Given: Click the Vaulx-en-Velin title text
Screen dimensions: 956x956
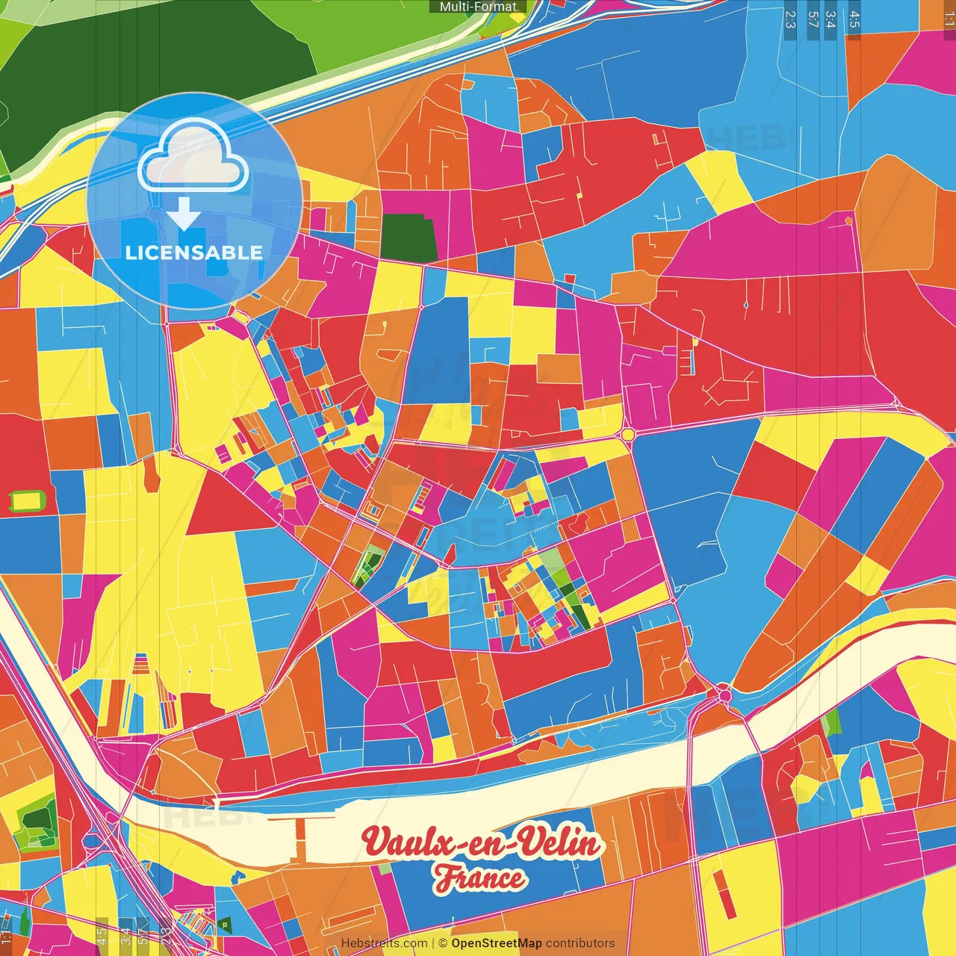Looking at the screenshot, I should pos(482,843).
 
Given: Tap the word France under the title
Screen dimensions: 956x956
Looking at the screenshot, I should pos(480,878).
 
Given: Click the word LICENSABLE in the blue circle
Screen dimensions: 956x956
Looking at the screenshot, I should pos(194,252).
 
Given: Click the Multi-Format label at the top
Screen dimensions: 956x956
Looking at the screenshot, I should pos(478,7).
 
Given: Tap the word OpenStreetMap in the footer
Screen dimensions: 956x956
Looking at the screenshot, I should pos(496,943).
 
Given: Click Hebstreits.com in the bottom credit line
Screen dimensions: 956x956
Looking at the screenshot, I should pos(384,943).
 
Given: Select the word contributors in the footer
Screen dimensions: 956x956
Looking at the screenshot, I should pos(580,943).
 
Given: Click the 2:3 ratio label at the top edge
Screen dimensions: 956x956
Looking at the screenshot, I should pos(790,19).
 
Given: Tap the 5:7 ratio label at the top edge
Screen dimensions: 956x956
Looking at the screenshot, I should pos(813,19).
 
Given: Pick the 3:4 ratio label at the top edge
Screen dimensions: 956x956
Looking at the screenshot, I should pos(831,19).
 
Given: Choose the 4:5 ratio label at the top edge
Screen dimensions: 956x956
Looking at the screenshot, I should pos(854,19).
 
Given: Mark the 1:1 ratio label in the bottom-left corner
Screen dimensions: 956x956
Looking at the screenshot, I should pos(7,938).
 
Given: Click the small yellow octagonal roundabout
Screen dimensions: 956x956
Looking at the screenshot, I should pos(627,435).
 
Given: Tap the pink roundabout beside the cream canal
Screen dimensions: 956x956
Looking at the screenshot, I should pos(724,695).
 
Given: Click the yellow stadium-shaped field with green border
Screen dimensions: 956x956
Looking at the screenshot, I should pos(28,500).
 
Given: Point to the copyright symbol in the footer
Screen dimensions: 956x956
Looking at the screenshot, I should pos(442,943).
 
